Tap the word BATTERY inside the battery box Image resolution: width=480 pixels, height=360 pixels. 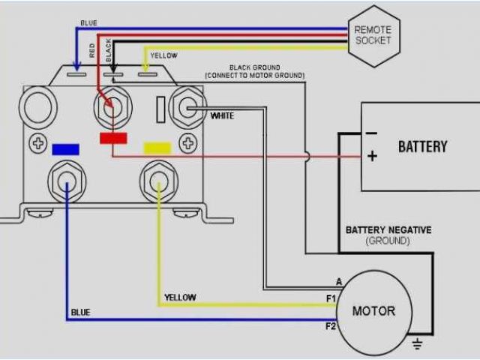point(422,146)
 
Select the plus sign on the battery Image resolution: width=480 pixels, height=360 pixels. point(371,156)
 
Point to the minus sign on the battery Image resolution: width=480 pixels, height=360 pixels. point(370,133)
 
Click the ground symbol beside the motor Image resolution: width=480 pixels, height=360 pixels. point(418,344)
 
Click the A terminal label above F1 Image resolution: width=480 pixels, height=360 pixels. point(339,282)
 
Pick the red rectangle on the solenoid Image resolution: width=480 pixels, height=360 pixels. point(112,138)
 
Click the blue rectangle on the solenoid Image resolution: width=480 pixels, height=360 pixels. point(66,148)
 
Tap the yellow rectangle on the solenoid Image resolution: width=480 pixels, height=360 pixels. point(157,147)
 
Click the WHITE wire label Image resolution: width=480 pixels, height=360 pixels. point(222,116)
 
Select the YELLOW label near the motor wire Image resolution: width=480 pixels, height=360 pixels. point(180,298)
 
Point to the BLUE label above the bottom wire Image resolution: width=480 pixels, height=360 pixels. point(80,312)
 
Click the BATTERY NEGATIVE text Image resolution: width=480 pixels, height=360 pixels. point(388,230)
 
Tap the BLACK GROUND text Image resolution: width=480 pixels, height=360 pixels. point(255,67)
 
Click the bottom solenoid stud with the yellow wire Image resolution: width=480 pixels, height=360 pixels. point(157,181)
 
